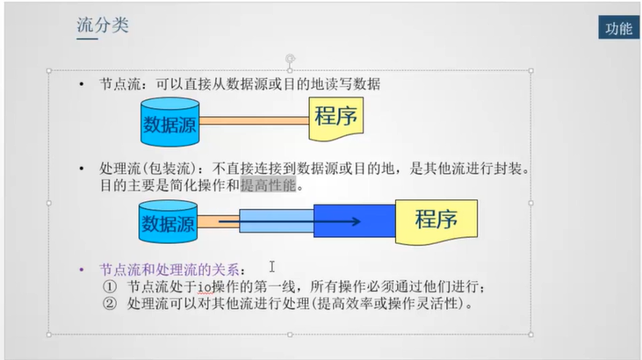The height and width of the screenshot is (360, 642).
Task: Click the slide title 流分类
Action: pos(102,25)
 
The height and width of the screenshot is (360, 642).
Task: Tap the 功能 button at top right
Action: pos(618,28)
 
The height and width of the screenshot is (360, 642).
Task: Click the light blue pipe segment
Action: pos(277,220)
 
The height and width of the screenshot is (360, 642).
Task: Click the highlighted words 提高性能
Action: pos(269,185)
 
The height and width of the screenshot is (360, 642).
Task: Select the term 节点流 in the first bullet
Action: pos(116,84)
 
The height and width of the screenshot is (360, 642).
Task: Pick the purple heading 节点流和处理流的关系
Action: pos(170,269)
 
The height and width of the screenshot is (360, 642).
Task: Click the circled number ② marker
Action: pos(109,305)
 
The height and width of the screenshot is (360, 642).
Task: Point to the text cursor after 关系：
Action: pos(272,266)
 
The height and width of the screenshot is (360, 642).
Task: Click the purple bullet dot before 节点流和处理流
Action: pos(81,269)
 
